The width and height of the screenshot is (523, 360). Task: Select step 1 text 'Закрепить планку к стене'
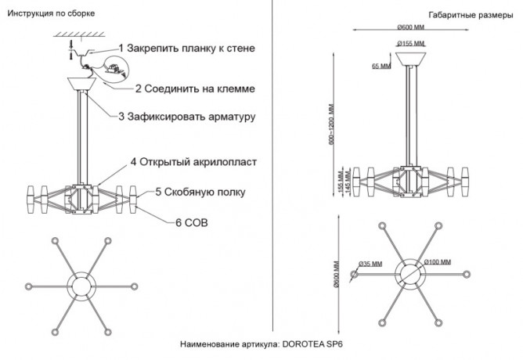[x=190, y=49]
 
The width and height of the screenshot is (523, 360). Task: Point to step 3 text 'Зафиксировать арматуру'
[x=192, y=117]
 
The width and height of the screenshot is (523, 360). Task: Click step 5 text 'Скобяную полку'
[x=204, y=192]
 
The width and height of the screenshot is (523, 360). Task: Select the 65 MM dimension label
[x=381, y=66]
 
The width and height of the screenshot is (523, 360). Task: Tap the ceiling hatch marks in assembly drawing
[x=79, y=34]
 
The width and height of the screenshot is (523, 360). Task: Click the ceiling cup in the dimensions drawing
[x=411, y=59]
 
